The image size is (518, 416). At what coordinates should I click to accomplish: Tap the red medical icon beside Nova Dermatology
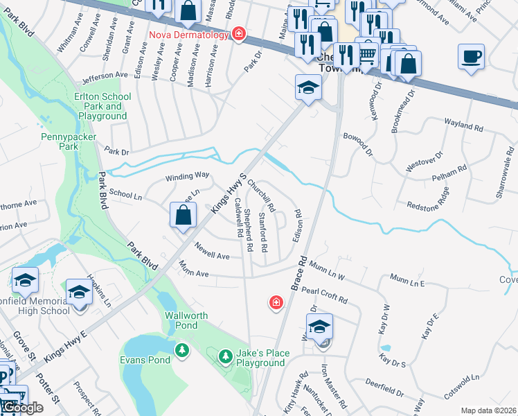[x=239, y=33]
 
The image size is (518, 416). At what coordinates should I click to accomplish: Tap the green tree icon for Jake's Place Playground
[x=225, y=356]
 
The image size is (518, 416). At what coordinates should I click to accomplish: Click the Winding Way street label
[x=187, y=177]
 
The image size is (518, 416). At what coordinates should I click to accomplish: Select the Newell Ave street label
[x=212, y=251]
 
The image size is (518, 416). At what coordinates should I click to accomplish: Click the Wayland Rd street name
[x=464, y=125]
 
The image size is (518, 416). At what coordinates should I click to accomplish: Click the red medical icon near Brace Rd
[x=276, y=302]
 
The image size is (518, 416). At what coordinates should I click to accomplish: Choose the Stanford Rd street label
[x=263, y=233]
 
